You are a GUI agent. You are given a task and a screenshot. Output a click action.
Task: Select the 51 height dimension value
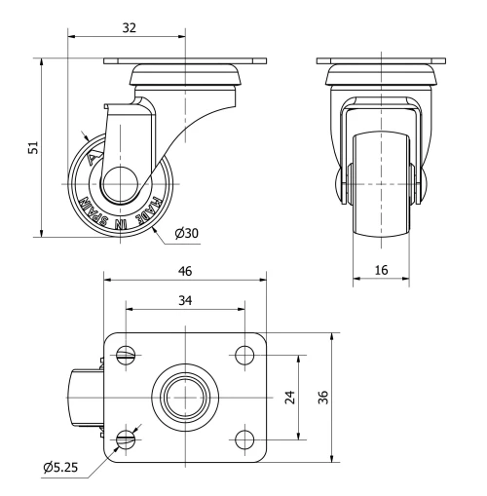point(32,147)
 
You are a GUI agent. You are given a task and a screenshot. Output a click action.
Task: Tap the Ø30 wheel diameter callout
point(186,234)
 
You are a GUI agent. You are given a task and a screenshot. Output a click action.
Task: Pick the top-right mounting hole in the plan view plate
point(241,357)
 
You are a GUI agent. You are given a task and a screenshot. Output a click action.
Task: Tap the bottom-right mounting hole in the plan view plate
point(241,439)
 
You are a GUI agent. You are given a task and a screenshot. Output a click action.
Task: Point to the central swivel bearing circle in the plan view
point(184,398)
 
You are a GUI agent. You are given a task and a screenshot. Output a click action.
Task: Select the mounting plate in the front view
point(381,65)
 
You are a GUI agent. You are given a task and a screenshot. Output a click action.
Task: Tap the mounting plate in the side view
point(184,64)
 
